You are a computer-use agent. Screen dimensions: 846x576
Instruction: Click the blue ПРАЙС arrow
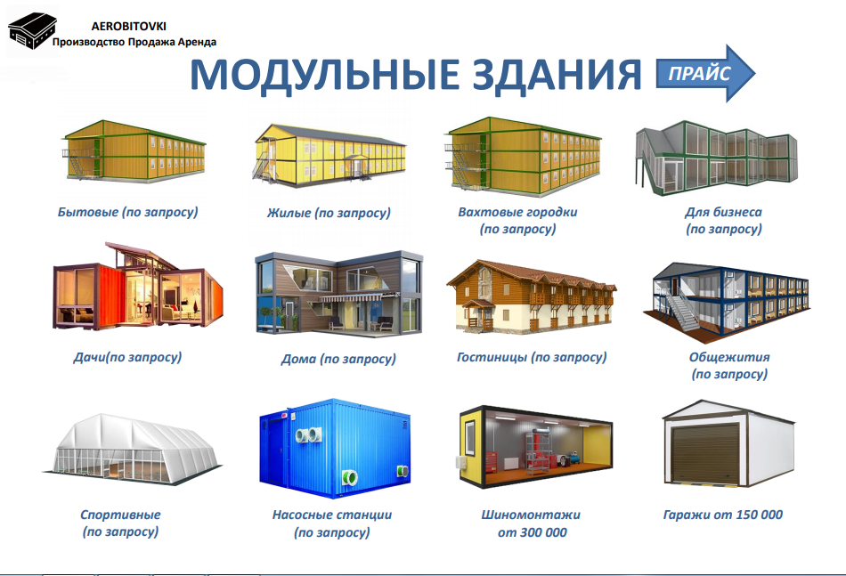pos(705,73)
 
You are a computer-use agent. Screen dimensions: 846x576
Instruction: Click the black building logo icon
pos(32,31)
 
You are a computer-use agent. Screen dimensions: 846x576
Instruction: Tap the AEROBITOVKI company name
pos(128,26)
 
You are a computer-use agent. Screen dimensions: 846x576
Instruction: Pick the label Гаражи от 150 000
pos(722,515)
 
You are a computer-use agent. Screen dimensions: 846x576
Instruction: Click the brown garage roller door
pos(704,453)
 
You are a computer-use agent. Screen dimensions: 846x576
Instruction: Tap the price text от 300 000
pos(532,532)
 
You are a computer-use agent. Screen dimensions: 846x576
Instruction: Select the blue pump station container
pos(335,448)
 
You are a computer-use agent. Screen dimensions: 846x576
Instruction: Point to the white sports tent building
pos(132,450)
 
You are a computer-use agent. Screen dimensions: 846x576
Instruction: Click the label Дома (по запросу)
pos(338,359)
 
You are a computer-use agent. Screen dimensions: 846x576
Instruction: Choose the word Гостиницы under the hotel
pos(492,357)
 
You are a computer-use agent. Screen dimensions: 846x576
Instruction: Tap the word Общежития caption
pos(729,357)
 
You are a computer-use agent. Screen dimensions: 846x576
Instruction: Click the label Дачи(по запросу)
pos(127,357)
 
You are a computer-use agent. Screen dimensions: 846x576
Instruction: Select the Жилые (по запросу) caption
pos(329,213)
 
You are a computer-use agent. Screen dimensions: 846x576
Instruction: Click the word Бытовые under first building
pos(88,212)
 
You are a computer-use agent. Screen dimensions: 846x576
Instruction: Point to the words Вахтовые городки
pos(517,212)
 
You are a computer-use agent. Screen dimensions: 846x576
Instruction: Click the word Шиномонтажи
pos(531,515)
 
